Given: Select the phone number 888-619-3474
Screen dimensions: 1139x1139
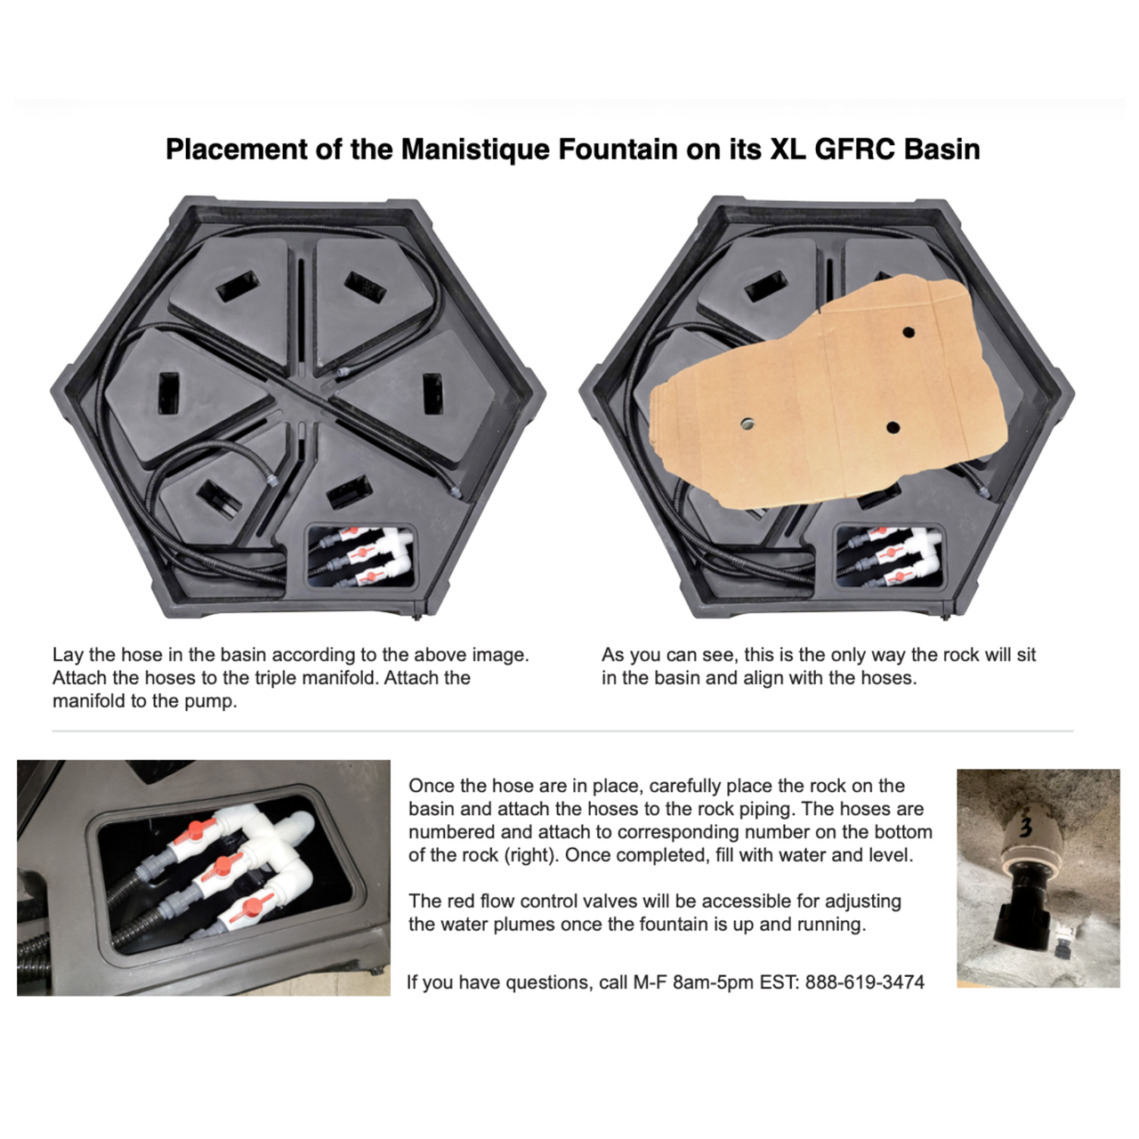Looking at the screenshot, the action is coord(865,981).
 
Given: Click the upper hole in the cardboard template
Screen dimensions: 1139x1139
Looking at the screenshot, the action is coord(909,332).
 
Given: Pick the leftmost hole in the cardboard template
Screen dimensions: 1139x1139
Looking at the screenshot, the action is coord(747,424).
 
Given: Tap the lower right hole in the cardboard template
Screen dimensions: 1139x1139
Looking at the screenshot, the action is coord(893,427).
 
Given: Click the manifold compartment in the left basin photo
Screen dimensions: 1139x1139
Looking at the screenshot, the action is coord(360,555).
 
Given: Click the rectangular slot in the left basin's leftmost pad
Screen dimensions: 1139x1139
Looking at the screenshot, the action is coord(169,393).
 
